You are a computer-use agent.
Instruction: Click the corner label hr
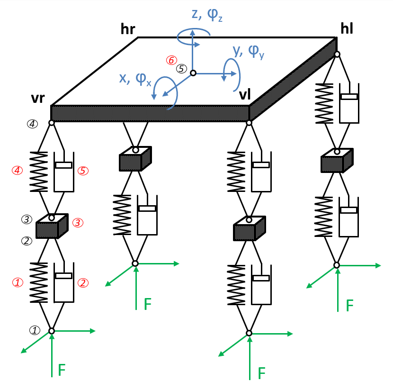[x=128, y=29]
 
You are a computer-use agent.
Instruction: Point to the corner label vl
[x=245, y=95]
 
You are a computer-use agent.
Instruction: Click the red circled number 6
[x=171, y=60]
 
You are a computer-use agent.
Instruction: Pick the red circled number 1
[x=18, y=283]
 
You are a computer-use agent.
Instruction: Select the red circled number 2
[x=83, y=283]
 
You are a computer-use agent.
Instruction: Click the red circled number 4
[x=18, y=170]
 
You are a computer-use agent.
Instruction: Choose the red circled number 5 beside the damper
[x=83, y=171]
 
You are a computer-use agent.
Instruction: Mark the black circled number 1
[x=35, y=330]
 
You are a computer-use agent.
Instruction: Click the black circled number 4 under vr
[x=32, y=124]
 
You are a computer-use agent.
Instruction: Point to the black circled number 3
[x=27, y=219]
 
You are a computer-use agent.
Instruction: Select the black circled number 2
[x=27, y=241]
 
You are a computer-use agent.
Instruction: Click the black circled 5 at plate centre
[x=182, y=69]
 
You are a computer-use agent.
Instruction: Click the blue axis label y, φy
[x=249, y=51]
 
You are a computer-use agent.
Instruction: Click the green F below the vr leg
[x=62, y=370]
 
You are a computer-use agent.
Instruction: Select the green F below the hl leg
[x=349, y=306]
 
